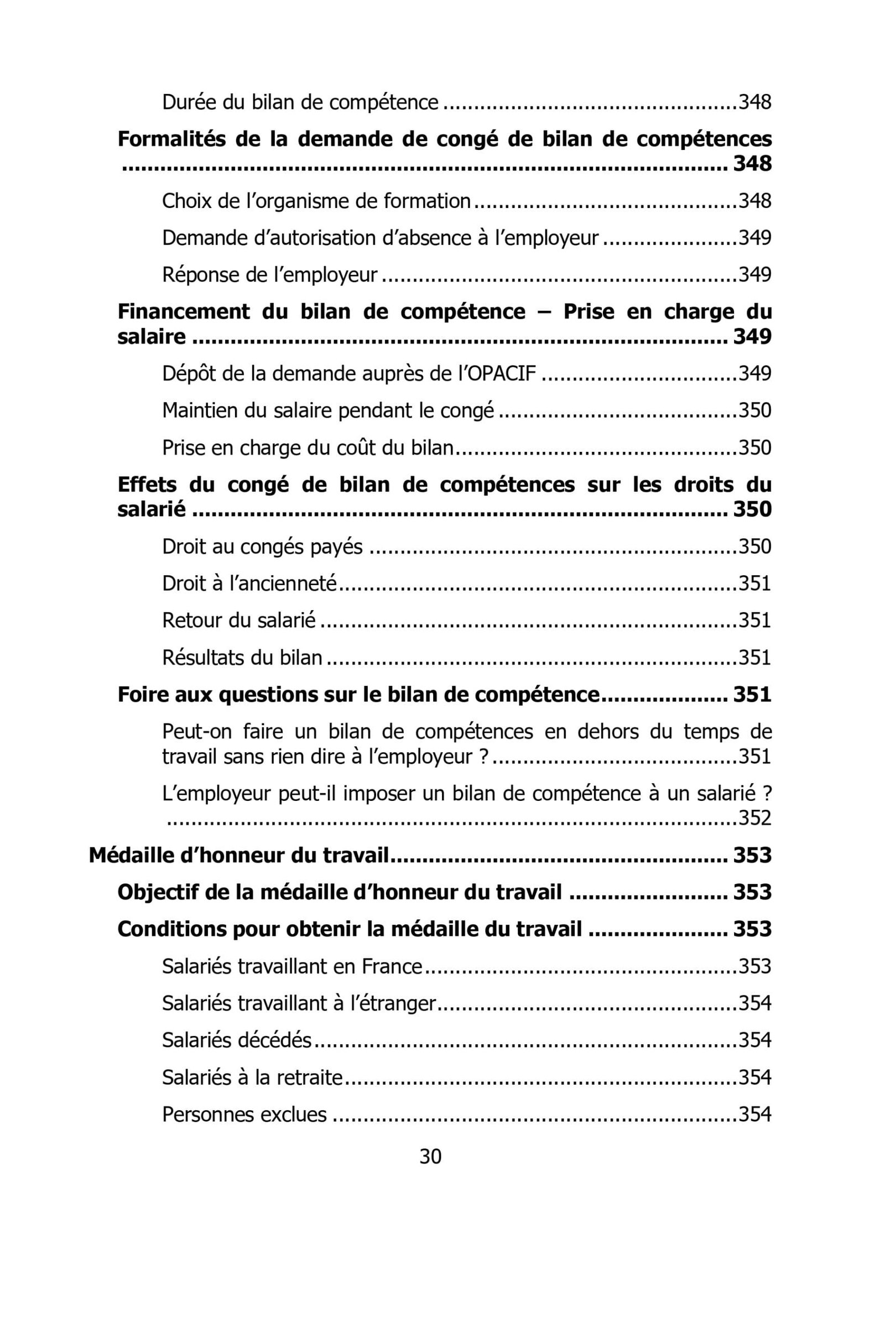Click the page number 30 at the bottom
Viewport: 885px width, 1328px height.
tap(430, 1157)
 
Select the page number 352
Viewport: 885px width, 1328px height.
tap(754, 818)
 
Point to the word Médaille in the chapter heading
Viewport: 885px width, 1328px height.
tap(126, 855)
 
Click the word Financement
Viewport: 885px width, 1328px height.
tap(184, 311)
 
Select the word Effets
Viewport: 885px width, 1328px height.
tap(147, 485)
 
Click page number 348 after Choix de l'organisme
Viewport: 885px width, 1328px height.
tap(754, 200)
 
